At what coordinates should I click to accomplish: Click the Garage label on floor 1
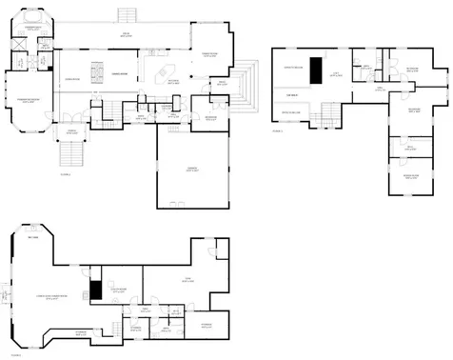point(192,170)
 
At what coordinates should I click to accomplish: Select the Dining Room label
point(120,73)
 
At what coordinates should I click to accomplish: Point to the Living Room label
point(71,79)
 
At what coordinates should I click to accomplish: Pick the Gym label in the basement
point(188,279)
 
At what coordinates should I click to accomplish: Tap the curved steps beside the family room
point(249,84)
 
